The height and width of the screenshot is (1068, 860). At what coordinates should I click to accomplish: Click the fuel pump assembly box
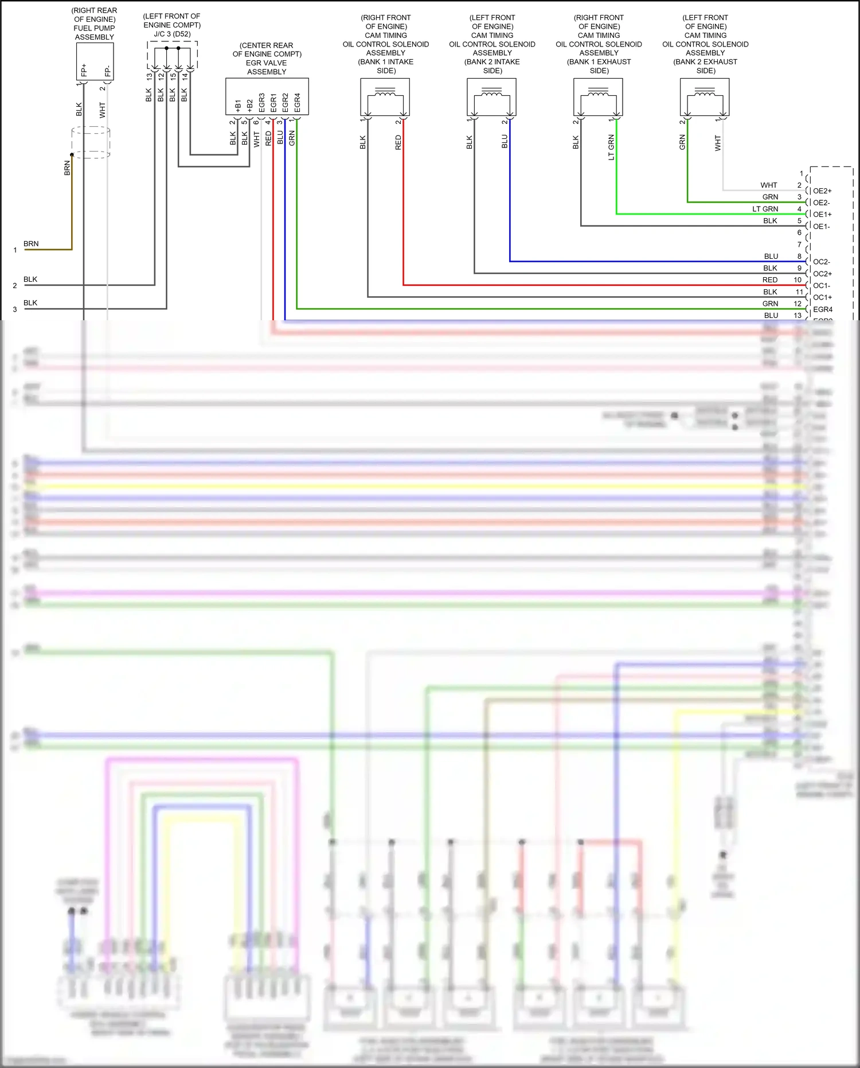pyautogui.click(x=95, y=61)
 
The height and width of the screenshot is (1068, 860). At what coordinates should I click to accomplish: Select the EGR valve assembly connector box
pyautogui.click(x=267, y=96)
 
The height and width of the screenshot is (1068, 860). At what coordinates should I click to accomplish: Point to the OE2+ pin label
pyautogui.click(x=822, y=191)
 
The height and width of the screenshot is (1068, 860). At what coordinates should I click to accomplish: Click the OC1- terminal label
pyautogui.click(x=821, y=286)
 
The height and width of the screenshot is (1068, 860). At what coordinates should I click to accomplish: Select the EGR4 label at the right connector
pyautogui.click(x=822, y=309)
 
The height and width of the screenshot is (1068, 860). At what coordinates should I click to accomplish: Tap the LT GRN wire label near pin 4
pyautogui.click(x=765, y=209)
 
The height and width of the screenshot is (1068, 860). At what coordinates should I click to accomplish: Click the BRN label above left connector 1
pyautogui.click(x=31, y=244)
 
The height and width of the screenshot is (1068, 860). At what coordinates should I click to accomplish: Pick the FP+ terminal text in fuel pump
pyautogui.click(x=84, y=70)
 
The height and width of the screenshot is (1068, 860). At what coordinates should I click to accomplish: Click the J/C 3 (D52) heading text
pyautogui.click(x=172, y=34)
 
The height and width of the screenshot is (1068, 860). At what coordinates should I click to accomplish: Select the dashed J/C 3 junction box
pyautogui.click(x=172, y=55)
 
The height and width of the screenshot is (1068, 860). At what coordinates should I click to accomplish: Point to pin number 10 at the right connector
pyautogui.click(x=797, y=280)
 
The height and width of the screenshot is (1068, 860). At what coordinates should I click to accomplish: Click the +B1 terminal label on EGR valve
pyautogui.click(x=238, y=105)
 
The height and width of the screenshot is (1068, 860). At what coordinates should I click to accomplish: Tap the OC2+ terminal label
pyautogui.click(x=822, y=274)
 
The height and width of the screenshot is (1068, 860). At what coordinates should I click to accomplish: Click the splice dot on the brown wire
pyautogui.click(x=72, y=155)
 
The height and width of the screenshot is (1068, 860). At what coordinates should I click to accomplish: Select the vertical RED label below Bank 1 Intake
pyautogui.click(x=398, y=142)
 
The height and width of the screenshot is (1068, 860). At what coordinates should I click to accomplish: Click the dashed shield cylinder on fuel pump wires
pyautogui.click(x=91, y=143)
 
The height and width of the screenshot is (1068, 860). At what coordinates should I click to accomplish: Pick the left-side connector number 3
pyautogui.click(x=15, y=309)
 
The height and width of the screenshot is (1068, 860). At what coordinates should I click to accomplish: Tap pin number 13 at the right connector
pyautogui.click(x=797, y=316)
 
